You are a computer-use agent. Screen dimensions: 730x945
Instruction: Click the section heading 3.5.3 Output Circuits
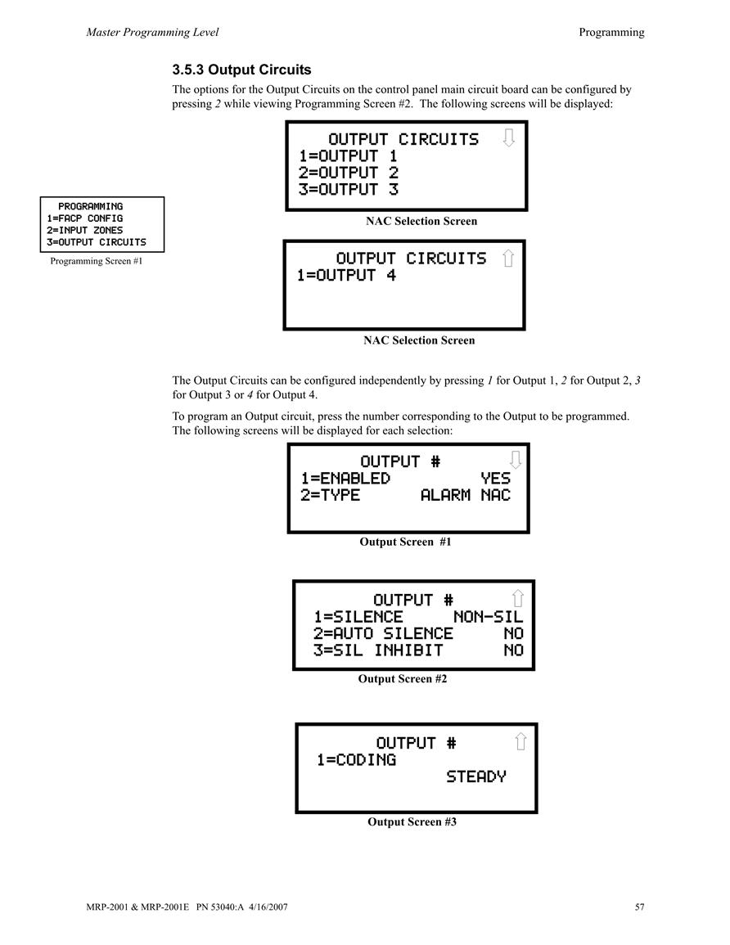tap(241, 70)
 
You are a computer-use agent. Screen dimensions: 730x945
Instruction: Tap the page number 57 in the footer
tap(639, 907)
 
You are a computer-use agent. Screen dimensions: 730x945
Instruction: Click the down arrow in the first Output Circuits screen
tap(509, 138)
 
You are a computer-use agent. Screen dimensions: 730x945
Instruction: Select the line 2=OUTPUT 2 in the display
tap(349, 173)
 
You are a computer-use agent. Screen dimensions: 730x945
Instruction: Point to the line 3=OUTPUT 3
tap(349, 190)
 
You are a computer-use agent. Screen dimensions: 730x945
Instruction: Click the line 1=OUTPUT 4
tap(346, 276)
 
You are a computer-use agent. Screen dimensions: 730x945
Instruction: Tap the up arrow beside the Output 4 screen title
tap(508, 258)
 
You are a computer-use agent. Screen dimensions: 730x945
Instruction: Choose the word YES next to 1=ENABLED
tap(495, 479)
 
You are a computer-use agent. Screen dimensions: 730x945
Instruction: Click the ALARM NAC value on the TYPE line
tap(466, 495)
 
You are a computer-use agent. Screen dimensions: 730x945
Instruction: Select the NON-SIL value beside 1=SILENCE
tap(489, 617)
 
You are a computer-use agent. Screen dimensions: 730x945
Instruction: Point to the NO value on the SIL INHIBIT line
tap(514, 651)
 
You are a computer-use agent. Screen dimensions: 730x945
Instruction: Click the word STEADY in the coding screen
tap(476, 776)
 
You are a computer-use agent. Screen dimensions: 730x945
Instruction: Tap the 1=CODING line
tap(356, 760)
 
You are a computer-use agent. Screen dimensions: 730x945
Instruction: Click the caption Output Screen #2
tap(403, 678)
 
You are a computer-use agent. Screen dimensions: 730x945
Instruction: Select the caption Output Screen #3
tap(412, 821)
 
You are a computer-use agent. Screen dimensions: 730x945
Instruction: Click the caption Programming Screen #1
tap(97, 261)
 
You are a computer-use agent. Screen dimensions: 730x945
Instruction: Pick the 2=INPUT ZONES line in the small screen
tap(84, 230)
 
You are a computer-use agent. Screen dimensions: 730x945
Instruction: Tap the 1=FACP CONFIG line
tap(84, 218)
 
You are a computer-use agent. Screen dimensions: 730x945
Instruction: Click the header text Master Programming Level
tap(152, 33)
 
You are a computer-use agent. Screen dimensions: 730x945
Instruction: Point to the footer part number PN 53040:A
tap(220, 907)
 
